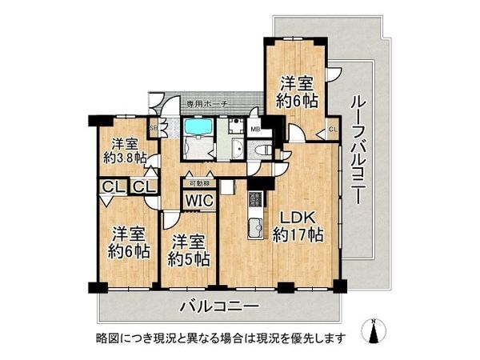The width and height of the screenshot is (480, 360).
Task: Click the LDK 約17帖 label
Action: pos(300,226)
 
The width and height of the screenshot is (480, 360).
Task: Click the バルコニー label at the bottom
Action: pos(218,306)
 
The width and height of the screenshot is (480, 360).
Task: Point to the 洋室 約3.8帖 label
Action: pos(124,150)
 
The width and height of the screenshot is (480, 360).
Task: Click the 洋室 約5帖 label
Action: pos(189,250)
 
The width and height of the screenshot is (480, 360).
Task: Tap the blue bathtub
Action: pos(196,127)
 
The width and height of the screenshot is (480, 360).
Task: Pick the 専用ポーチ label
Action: pos(207,104)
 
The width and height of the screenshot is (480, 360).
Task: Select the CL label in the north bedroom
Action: pos(332,130)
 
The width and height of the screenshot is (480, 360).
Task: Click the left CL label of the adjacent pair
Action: pos(111,187)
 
